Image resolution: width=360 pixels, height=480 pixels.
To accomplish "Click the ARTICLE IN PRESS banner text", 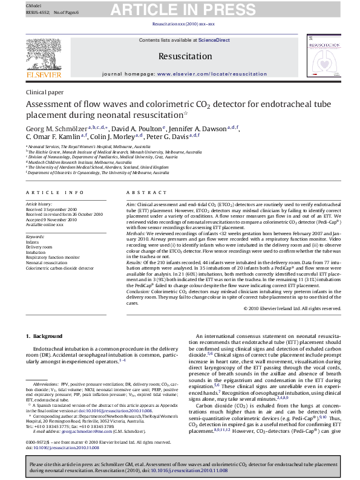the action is [180, 9].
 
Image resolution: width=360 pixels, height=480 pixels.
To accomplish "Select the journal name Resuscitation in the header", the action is [180, 56].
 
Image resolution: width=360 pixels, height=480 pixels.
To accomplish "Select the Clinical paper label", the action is [45, 92].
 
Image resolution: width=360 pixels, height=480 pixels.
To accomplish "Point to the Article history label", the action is [39, 205].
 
